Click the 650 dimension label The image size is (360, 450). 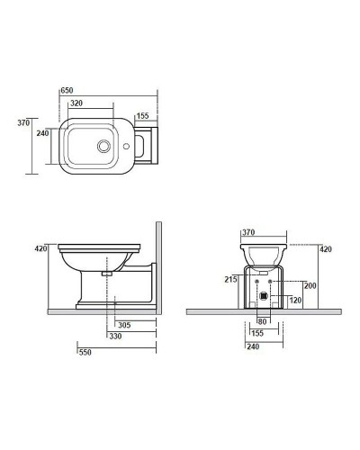tap(67, 90)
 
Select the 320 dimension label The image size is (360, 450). tap(76, 103)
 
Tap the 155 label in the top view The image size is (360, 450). tap(142, 116)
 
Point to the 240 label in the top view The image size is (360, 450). tap(42, 133)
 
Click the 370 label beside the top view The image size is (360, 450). tap(23, 122)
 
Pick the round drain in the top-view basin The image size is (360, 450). tap(103, 146)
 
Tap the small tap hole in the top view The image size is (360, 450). tap(126, 147)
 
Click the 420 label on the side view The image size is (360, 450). tap(40, 248)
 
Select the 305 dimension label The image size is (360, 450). tap(124, 325)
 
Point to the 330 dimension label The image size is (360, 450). tap(115, 337)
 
